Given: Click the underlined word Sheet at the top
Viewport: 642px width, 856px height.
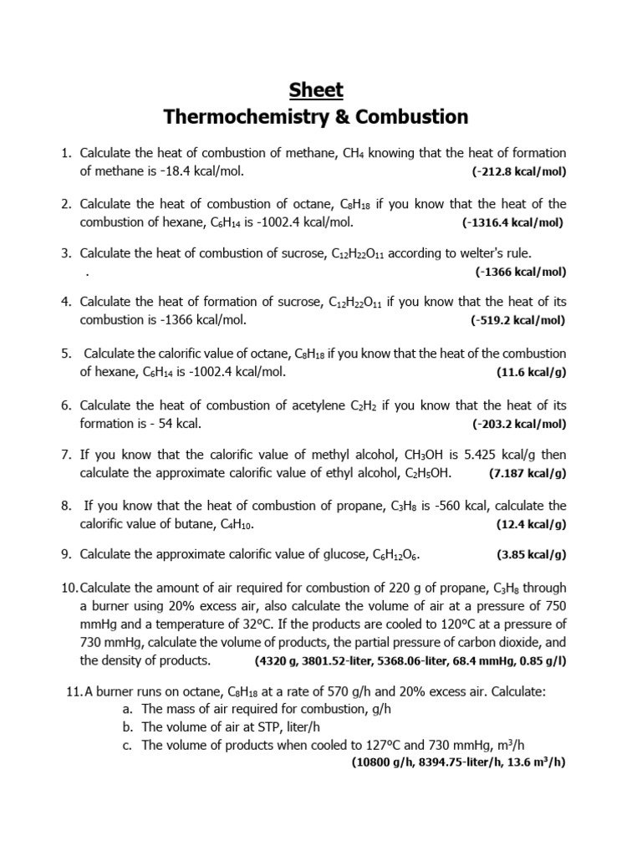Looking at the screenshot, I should pos(316,90).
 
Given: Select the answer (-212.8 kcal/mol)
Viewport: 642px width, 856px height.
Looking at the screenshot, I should pos(518,172).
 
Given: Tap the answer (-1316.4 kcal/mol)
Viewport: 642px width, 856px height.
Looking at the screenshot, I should pos(512,222).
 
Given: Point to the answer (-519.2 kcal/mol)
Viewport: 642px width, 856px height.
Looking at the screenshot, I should pos(518,320).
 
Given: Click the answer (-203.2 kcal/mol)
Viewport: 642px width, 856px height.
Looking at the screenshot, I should pos(518,424).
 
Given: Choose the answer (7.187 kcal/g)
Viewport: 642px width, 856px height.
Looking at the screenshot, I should pos(527,473).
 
